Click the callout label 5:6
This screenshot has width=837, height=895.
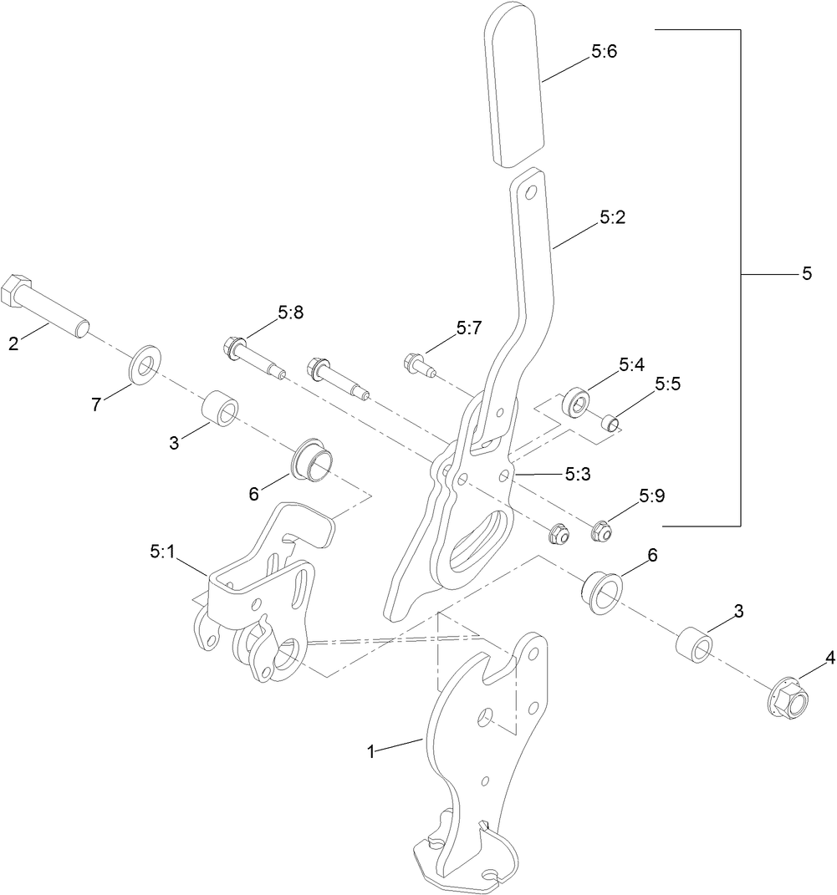point(604,52)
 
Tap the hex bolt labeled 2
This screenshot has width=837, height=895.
point(47,306)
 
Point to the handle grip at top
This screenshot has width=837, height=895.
point(517,84)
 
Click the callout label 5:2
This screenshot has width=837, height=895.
point(612,217)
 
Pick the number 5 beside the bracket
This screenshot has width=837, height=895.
point(806,273)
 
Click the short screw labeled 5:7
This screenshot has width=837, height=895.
point(417,364)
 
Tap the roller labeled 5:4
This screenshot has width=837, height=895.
point(576,402)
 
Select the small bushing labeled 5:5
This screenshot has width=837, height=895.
point(613,422)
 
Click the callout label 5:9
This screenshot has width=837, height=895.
point(651,496)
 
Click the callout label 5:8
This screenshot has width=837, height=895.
point(291,313)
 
